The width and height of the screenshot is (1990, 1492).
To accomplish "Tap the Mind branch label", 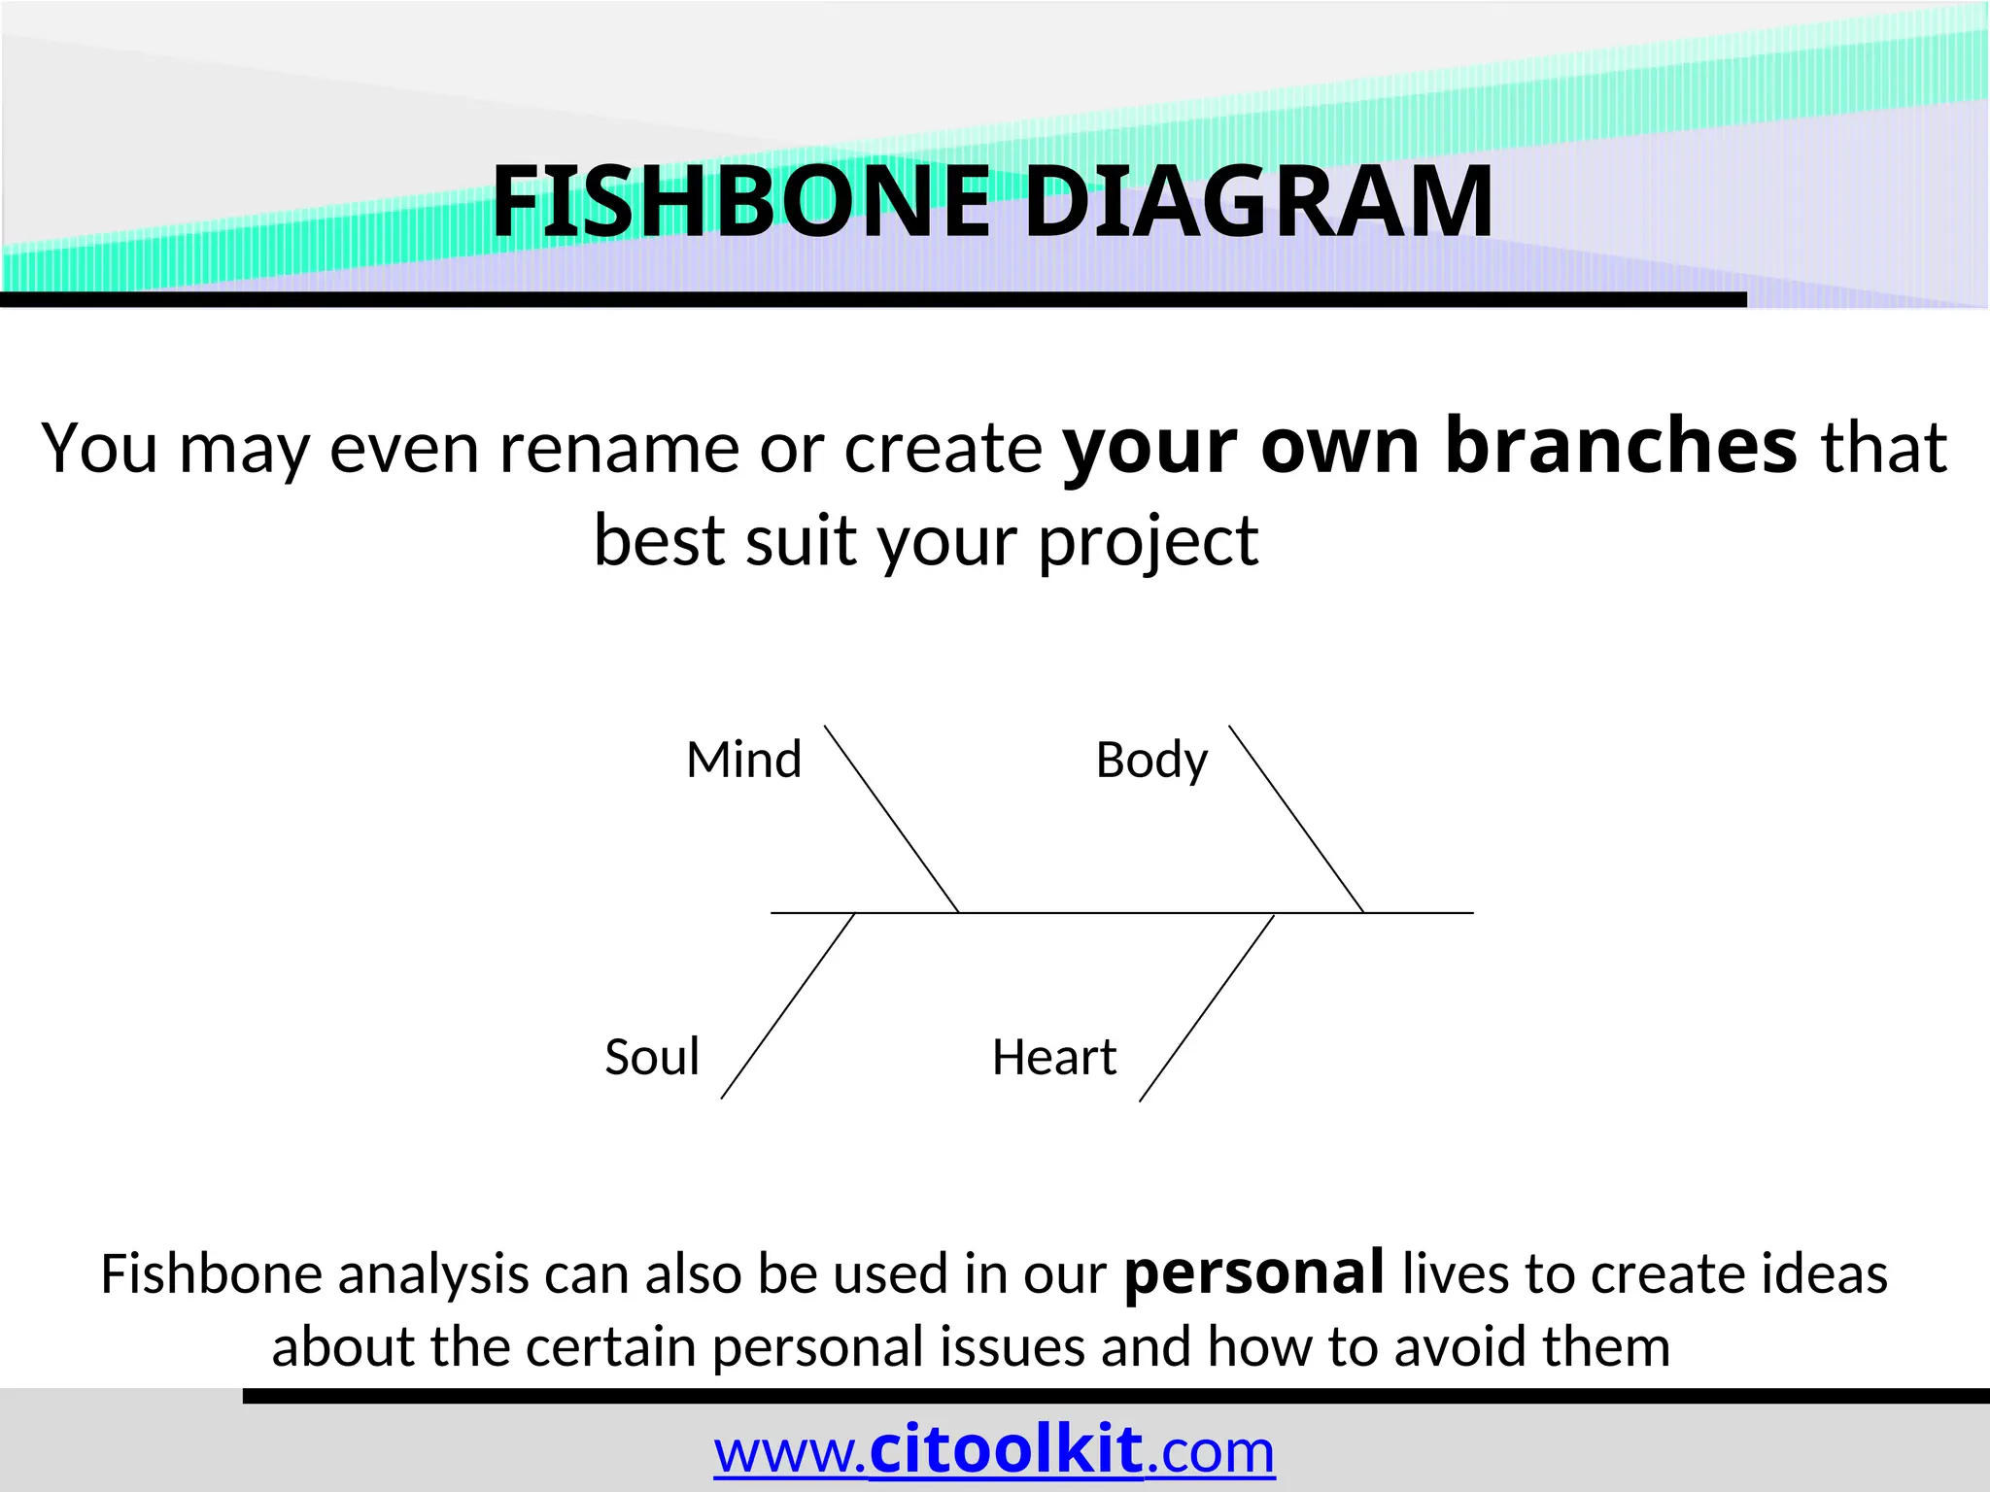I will point(743,760).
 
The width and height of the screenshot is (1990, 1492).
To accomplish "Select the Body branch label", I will point(1151,761).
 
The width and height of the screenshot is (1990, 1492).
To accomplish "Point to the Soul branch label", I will point(652,1057).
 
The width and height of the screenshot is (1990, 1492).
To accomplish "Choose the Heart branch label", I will point(1054,1057).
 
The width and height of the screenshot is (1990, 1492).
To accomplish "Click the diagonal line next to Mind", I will point(891,819).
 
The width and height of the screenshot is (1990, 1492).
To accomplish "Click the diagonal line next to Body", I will point(1296,819).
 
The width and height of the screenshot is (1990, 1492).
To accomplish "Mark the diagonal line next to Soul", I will point(788,1006).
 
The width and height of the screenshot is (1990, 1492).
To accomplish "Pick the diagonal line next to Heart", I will point(1206,1008).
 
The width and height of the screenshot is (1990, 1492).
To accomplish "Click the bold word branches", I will point(1621,447).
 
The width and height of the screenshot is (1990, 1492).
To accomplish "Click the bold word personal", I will point(1253,1273).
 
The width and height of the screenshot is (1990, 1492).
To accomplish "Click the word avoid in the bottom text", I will point(1461,1347).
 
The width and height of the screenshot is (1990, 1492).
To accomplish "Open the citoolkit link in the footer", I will point(1006,1450).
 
